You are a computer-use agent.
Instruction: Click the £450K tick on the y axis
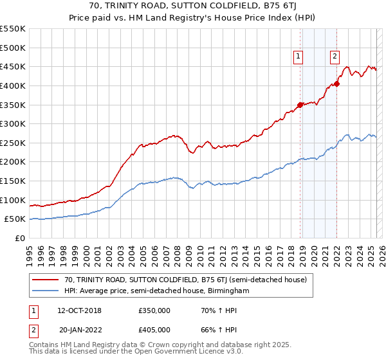tap(13, 66)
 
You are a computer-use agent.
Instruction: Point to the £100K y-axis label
tap(13, 200)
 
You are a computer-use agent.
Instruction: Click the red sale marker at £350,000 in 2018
tap(300, 105)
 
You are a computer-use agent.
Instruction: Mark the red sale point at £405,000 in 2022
tap(336, 84)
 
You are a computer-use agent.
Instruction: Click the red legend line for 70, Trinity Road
tap(45, 280)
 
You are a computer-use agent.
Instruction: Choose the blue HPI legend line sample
tap(45, 291)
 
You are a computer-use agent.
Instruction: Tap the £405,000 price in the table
tap(154, 330)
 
